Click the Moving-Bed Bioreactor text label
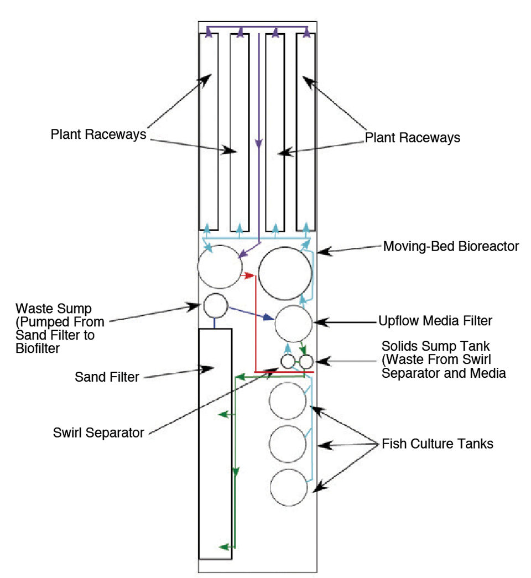tap(451, 246)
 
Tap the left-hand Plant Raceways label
tap(98, 134)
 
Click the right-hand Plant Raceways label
tap(413, 138)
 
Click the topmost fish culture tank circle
tap(288, 400)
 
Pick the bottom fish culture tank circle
tap(289, 487)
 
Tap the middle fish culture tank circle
tap(288, 444)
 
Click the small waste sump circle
tap(215, 305)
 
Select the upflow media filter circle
tap(294, 324)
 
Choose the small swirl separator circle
tap(288, 362)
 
